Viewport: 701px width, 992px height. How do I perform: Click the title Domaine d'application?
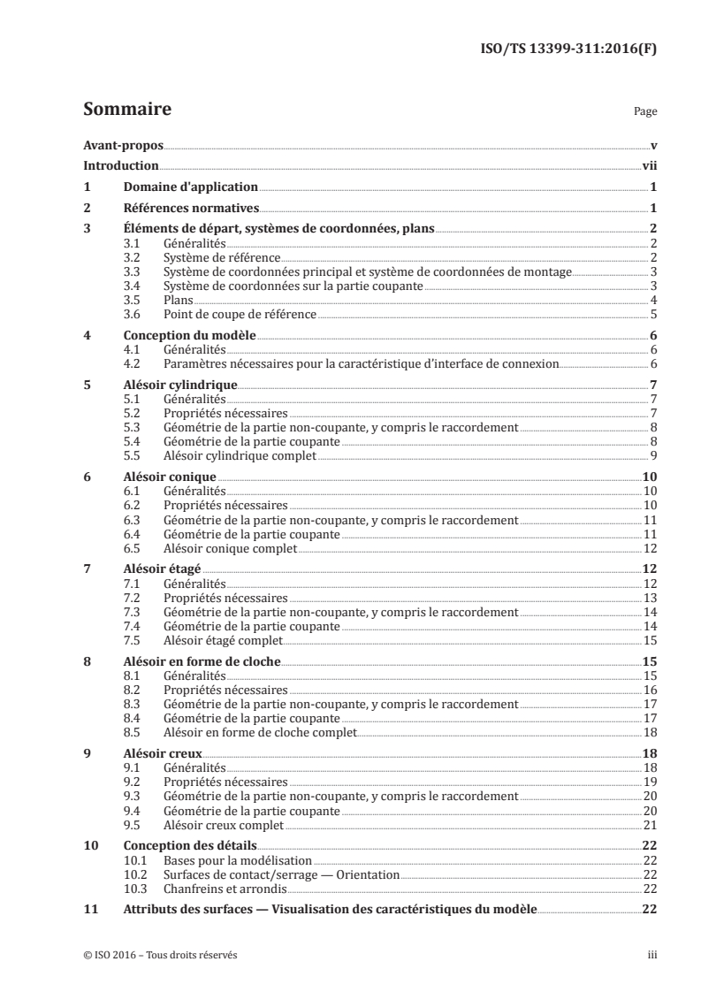pos(189,187)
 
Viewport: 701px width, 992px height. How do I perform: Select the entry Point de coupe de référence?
pos(240,314)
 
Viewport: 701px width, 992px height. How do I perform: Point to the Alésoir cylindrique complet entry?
pos(240,456)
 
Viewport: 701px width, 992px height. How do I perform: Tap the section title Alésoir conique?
pos(160,477)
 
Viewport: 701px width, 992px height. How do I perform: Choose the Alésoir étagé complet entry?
pos(224,640)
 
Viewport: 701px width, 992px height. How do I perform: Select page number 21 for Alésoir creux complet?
pos(648,824)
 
